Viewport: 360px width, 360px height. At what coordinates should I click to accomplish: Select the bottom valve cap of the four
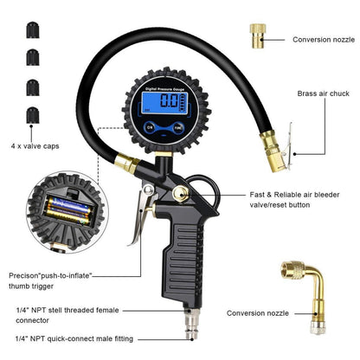pos(32,114)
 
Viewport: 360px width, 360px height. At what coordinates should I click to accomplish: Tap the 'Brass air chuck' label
pos(325,93)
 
